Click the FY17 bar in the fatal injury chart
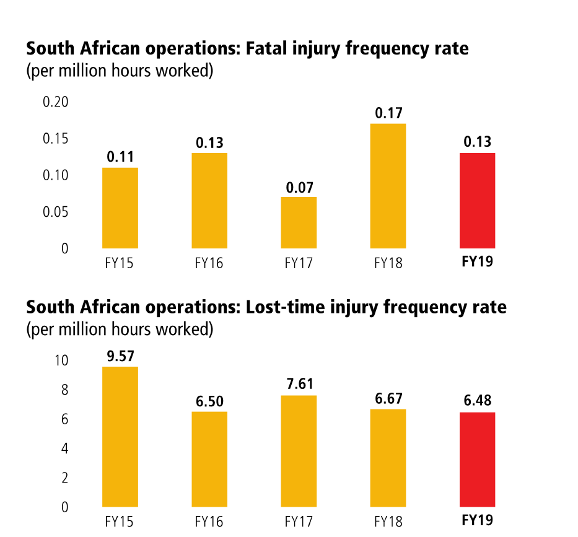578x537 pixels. click(x=299, y=222)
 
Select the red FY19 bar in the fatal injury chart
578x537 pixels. click(x=477, y=200)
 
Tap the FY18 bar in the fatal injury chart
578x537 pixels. click(x=388, y=186)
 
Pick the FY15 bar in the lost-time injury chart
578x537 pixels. click(x=120, y=437)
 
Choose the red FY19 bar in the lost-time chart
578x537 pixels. click(x=477, y=460)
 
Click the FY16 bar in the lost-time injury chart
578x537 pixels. click(x=209, y=459)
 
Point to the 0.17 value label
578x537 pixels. click(x=388, y=113)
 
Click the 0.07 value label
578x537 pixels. click(x=299, y=186)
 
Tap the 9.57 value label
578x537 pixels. click(x=120, y=356)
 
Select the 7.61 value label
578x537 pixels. click(x=299, y=385)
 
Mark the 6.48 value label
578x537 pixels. click(x=478, y=401)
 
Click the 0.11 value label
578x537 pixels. click(x=120, y=157)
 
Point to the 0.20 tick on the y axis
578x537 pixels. click(x=55, y=102)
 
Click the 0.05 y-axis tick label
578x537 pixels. click(x=55, y=212)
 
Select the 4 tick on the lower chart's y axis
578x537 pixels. click(x=64, y=448)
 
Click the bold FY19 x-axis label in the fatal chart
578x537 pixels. click(x=478, y=262)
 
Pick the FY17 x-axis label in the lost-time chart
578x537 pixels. click(x=299, y=521)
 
